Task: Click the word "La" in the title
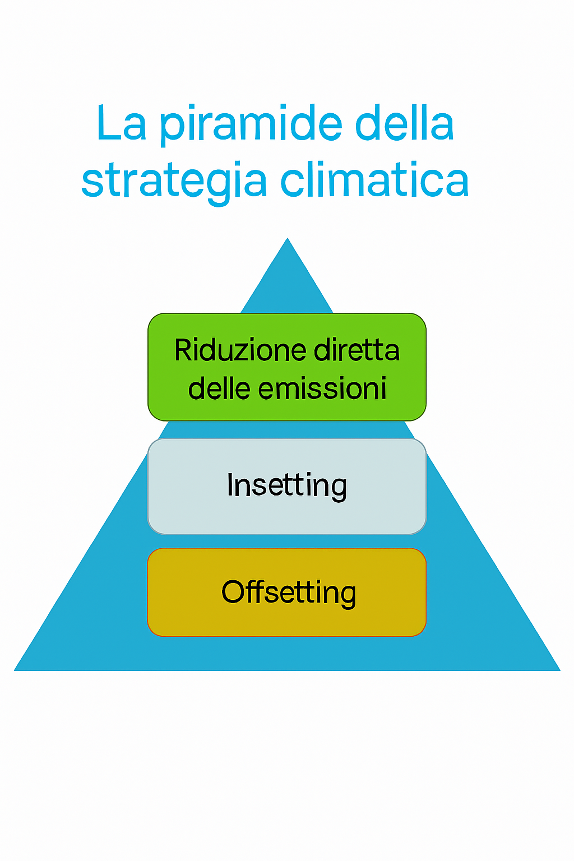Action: [122, 122]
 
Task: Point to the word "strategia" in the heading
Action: [174, 181]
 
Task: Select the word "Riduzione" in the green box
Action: [240, 350]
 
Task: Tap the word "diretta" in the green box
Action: [357, 350]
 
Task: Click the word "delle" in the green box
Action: [219, 388]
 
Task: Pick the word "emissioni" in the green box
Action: [322, 388]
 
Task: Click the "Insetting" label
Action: [287, 486]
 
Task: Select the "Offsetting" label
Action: [289, 592]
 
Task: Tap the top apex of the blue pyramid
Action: [287, 238]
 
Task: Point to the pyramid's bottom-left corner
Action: [15, 670]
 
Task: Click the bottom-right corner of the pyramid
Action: [560, 670]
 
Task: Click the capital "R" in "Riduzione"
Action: [183, 350]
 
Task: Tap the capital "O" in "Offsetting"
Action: [234, 591]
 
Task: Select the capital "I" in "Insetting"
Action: [230, 485]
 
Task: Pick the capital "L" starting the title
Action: [108, 122]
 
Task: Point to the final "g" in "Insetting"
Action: [337, 490]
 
